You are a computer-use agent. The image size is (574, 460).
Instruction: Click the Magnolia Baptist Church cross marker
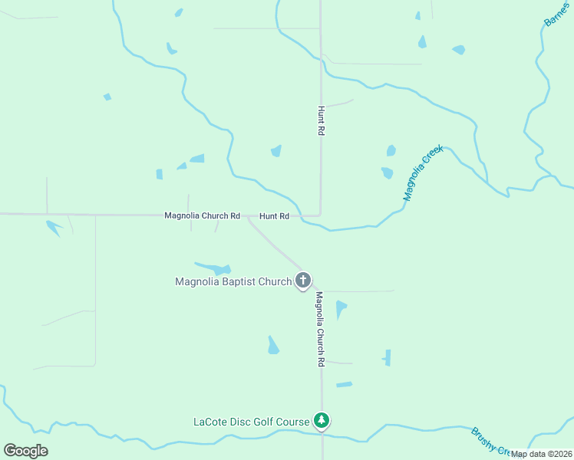(303, 281)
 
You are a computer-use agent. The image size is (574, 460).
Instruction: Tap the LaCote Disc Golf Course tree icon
(322, 420)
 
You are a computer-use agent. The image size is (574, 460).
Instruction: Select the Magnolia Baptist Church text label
(233, 281)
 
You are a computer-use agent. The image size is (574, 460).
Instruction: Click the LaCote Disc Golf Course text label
(251, 421)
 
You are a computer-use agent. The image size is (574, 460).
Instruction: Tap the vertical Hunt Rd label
(321, 121)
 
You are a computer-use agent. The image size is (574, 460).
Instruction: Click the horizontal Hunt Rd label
(274, 216)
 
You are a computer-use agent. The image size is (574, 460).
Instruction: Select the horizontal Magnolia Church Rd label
(203, 215)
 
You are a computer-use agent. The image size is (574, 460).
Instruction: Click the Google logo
(25, 450)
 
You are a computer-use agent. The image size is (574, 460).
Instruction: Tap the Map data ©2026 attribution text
(542, 454)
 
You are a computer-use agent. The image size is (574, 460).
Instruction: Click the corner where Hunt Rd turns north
(320, 215)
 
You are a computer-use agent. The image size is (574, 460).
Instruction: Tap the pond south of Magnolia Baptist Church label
(272, 346)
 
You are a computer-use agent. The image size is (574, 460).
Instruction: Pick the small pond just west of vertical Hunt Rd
(276, 151)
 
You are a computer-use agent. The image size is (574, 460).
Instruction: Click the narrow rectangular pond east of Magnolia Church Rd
(388, 357)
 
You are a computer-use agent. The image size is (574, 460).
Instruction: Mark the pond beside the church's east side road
(341, 309)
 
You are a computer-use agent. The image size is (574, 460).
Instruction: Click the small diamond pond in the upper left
(107, 97)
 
